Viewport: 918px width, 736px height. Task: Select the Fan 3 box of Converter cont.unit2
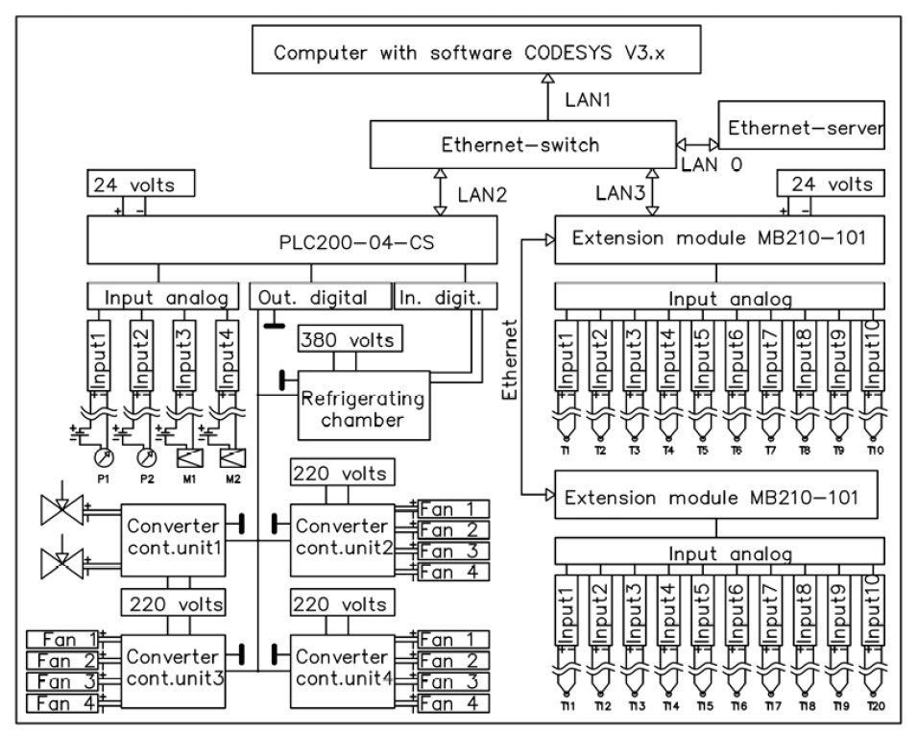point(452,551)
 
